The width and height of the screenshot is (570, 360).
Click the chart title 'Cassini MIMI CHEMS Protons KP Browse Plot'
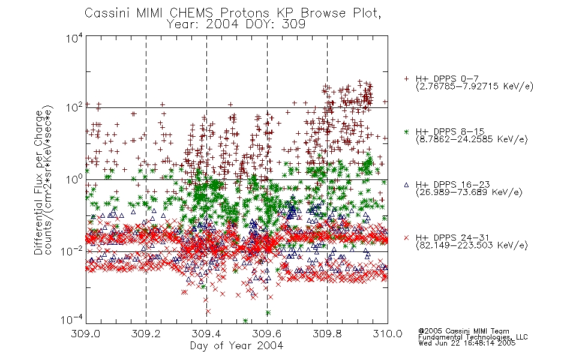coord(233,13)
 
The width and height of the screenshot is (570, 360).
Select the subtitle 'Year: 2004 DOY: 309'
coord(236,24)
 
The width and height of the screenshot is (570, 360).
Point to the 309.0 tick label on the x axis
coord(86,334)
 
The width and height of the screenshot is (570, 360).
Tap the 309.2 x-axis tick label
coord(146,334)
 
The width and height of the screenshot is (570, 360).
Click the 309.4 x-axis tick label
coord(206,334)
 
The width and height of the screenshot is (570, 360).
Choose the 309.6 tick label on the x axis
coord(267,334)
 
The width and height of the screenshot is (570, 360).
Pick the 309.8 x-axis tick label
coord(327,334)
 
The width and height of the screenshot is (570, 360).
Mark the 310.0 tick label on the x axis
coord(388,334)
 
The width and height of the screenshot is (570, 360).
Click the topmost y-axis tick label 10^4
coord(74,38)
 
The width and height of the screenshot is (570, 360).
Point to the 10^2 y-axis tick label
coord(74,108)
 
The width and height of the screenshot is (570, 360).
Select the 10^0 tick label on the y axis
coord(74,179)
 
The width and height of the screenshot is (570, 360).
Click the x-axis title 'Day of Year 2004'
coord(236,346)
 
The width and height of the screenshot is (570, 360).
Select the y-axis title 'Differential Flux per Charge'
coord(38,182)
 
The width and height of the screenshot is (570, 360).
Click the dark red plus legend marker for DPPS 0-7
coord(406,79)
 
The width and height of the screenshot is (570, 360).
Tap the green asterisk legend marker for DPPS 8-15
coord(406,131)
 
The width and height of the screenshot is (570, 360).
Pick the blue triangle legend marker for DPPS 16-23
coord(406,185)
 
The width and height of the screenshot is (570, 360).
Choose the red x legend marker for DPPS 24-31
coord(406,238)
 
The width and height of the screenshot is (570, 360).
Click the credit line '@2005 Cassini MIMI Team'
coord(464,331)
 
